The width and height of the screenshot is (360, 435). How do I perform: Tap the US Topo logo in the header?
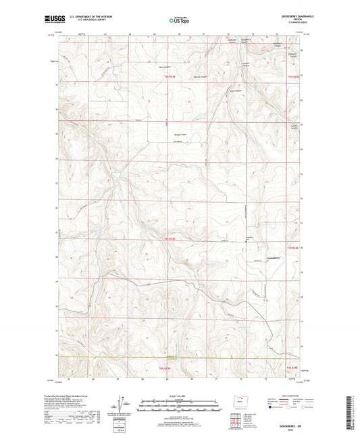[177, 20]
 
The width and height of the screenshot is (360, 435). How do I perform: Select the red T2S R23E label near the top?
[170, 76]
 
